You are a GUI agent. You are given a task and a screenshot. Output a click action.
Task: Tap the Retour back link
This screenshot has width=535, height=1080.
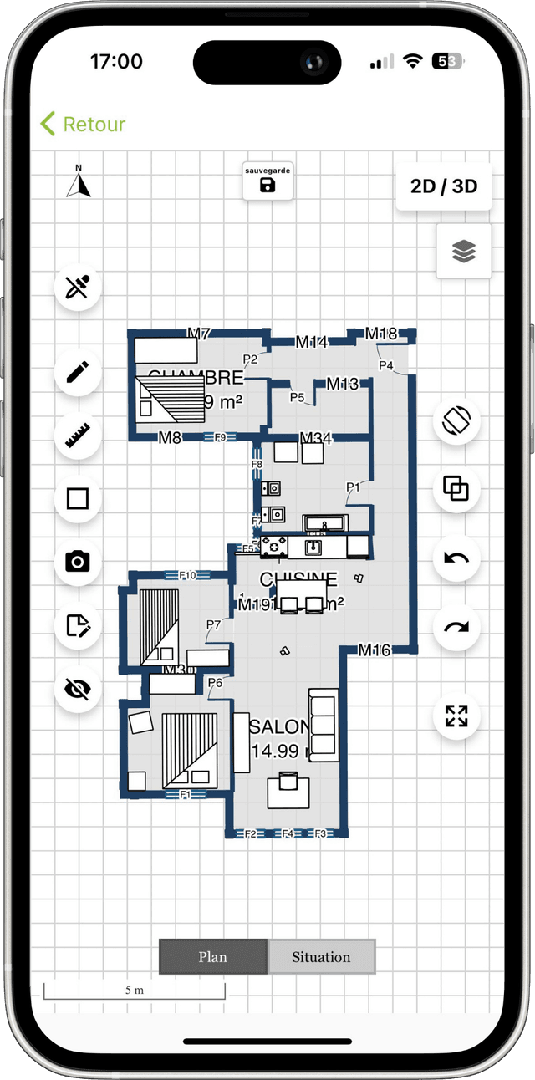pos(83,125)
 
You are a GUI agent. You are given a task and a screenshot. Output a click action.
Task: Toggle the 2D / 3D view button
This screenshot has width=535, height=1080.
pos(443,186)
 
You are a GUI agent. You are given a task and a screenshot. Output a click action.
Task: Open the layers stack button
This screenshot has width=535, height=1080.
pos(464,251)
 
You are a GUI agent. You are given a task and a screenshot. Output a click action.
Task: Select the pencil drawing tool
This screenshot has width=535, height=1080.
pos(78,372)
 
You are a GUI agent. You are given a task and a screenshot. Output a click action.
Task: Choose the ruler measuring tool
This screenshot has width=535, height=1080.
pos(78,436)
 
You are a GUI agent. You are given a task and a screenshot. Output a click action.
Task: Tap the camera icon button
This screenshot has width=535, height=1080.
pos(78,562)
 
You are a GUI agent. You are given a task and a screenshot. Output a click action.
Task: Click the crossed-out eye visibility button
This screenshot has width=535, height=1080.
pos(78,689)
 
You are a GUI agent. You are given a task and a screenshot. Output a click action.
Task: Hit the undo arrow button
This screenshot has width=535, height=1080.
pos(456,558)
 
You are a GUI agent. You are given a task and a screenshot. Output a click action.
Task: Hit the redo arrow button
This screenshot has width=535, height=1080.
pos(456,628)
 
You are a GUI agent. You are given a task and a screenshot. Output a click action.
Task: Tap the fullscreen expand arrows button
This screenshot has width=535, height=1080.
pos(456,716)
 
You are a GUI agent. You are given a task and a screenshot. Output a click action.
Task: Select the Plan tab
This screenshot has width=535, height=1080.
pos(213,957)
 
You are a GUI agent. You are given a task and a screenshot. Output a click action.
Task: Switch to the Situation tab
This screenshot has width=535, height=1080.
pos(321,957)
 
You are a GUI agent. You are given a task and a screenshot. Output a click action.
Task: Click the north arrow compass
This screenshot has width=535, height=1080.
pos(79,181)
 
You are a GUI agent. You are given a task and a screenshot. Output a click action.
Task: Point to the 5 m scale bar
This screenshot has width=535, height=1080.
pos(134,991)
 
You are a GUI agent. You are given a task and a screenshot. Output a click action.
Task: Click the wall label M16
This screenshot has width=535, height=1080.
pos(374,650)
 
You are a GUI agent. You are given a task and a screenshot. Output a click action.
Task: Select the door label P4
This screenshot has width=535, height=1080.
pos(385,365)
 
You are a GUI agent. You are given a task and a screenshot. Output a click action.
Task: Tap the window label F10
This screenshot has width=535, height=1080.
pos(187,575)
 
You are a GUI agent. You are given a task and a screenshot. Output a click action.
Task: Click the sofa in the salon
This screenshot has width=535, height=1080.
pos(324,726)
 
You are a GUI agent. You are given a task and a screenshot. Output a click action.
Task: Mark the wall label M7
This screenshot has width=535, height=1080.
pos(198,334)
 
